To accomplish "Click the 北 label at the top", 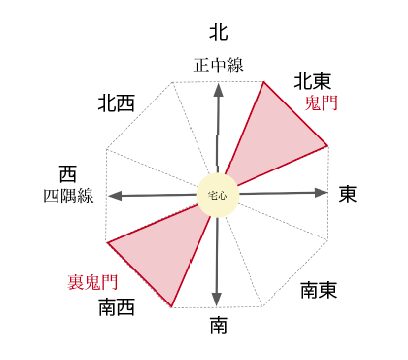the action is tap(219, 32).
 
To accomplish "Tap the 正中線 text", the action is tap(219, 65).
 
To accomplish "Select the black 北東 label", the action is tap(312, 81).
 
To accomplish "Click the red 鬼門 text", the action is tap(321, 103).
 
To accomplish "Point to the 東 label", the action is tap(348, 194).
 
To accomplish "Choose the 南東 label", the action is tap(319, 290).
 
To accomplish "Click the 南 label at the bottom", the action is tap(219, 325).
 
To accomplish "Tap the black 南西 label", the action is tap(116, 307).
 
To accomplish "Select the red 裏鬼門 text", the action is tap(93, 282).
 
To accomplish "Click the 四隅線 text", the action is tap(68, 196).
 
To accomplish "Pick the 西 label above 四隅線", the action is tap(68, 174).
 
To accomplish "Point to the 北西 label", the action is tap(116, 103).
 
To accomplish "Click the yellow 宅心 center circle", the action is tap(218, 196).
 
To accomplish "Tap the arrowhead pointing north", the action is tap(219, 90).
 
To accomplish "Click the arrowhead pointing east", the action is tap(321, 193).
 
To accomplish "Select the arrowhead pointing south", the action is tap(217, 298).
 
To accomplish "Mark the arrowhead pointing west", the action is tap(115, 196).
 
